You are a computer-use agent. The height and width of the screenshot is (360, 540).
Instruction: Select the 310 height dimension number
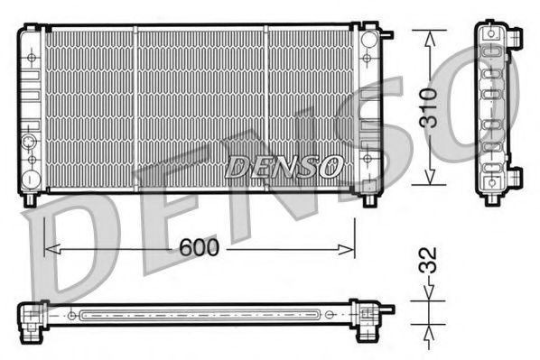point(432,106)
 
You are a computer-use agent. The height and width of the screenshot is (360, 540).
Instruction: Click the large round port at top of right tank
point(368,42)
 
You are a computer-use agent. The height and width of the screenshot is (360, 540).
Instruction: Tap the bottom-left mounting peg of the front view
point(31,198)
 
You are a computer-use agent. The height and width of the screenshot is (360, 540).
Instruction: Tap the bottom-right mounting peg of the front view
point(370,198)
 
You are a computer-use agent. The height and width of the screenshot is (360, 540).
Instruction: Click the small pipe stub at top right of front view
point(387,36)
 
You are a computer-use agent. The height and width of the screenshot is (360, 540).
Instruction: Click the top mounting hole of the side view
point(492,32)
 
